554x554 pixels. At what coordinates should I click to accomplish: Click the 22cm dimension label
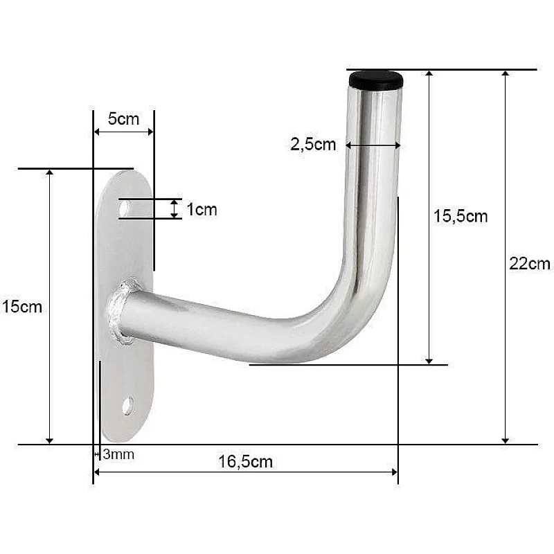click(x=529, y=263)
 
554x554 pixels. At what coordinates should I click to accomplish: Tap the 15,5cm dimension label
click(x=461, y=216)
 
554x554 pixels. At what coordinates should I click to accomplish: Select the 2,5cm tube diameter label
click(x=313, y=144)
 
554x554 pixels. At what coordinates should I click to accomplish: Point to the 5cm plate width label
click(x=123, y=118)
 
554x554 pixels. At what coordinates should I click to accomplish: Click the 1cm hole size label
click(x=202, y=209)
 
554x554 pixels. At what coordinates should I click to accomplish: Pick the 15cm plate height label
click(x=22, y=306)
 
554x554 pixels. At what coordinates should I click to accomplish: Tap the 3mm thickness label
click(x=118, y=455)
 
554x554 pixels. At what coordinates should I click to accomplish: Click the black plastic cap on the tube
click(x=376, y=80)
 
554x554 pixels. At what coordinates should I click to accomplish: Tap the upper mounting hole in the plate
click(x=124, y=207)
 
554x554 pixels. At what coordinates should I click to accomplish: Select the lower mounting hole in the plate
click(x=127, y=406)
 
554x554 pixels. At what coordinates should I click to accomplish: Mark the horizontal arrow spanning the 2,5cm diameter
click(x=373, y=145)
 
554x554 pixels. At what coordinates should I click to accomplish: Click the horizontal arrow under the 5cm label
click(x=123, y=131)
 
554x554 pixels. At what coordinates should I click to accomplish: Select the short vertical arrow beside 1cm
click(x=174, y=208)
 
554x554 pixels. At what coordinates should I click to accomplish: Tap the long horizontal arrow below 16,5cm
click(x=246, y=472)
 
